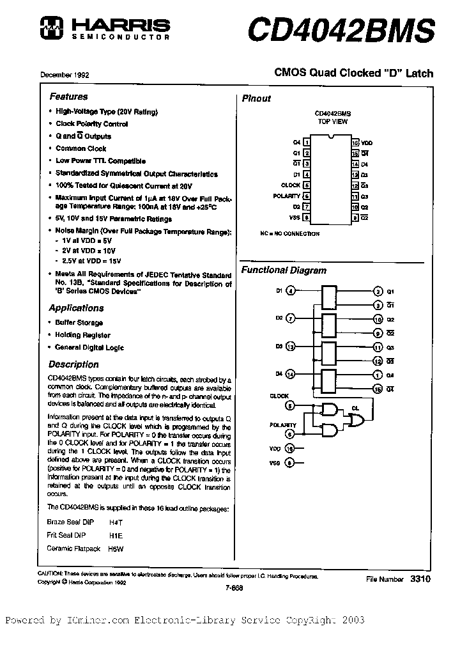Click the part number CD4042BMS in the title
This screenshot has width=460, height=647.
341,29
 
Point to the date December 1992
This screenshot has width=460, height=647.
65,75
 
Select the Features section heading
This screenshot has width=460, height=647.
68,97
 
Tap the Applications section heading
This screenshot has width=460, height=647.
76,308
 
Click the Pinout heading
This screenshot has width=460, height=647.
256,98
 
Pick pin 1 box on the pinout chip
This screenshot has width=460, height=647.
307,142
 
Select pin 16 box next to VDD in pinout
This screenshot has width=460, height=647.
355,142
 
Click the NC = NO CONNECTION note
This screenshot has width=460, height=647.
289,234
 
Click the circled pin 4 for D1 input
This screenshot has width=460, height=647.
291,291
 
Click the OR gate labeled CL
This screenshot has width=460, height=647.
355,419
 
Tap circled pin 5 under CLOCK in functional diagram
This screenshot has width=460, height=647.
291,405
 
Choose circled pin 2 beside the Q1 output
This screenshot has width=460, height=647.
378,291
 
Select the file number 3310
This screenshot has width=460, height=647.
421,578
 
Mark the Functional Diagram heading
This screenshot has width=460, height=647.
284,270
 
